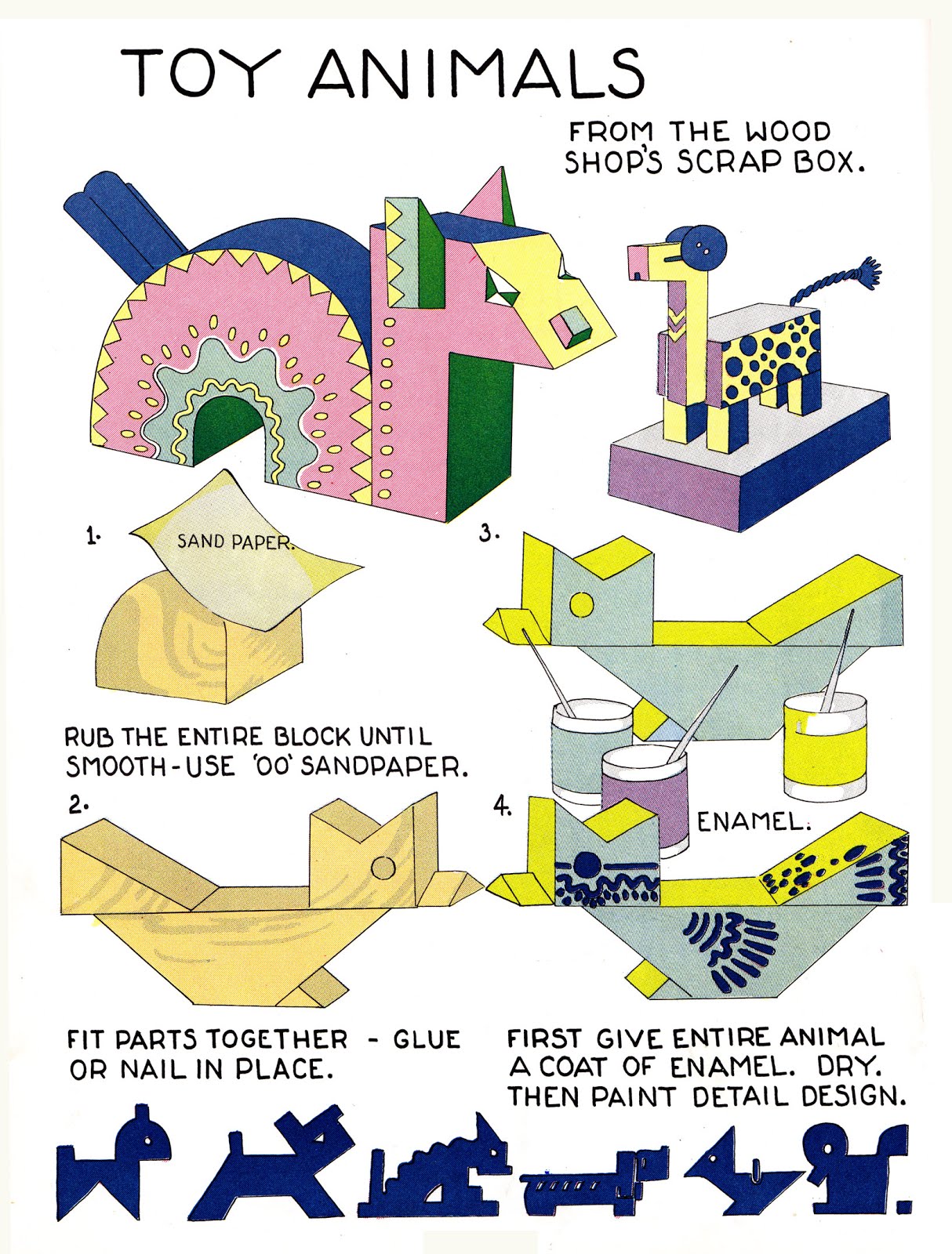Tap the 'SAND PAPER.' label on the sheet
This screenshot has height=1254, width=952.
pyautogui.click(x=234, y=542)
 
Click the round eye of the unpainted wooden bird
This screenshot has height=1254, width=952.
pyautogui.click(x=383, y=868)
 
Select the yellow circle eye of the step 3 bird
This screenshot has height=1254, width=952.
pyautogui.click(x=581, y=605)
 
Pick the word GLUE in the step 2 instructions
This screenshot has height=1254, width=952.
pyautogui.click(x=426, y=1039)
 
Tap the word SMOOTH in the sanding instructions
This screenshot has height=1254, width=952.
pyautogui.click(x=115, y=766)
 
